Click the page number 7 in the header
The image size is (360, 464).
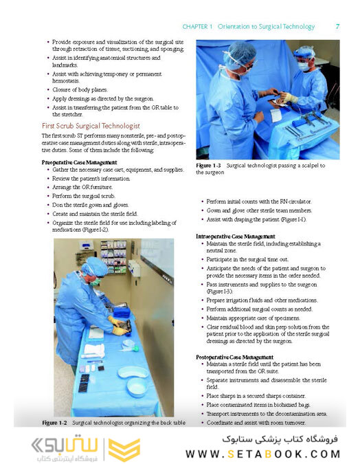(x=337, y=27)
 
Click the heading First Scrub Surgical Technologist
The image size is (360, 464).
(x=90, y=126)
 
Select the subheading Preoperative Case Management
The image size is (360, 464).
(x=80, y=162)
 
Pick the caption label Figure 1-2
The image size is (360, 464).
(x=56, y=421)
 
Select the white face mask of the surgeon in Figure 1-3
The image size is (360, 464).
(x=303, y=67)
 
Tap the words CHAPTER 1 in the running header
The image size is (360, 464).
(x=196, y=27)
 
